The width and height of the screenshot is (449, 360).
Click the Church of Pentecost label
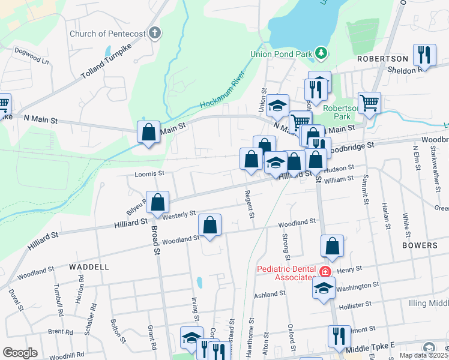tap(107, 34)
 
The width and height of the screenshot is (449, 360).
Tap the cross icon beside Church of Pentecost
tap(155, 32)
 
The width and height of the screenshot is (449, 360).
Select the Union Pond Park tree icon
tap(322, 54)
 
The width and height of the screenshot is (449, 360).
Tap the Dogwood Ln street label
tap(31, 56)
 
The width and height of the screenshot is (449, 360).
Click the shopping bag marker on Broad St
tap(157, 203)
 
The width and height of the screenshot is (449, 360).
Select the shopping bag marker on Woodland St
tap(210, 225)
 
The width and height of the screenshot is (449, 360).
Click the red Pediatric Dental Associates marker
tap(325, 271)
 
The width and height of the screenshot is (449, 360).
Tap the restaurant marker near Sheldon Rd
tap(424, 55)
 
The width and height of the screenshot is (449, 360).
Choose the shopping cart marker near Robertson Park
tap(369, 102)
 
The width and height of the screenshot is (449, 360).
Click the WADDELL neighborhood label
tap(88, 266)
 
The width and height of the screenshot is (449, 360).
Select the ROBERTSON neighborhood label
tap(382, 59)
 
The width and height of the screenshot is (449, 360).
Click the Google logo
tap(20, 353)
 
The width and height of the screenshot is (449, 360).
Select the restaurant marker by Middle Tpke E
tap(339, 336)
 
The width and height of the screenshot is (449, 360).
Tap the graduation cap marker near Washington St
tap(324, 287)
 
